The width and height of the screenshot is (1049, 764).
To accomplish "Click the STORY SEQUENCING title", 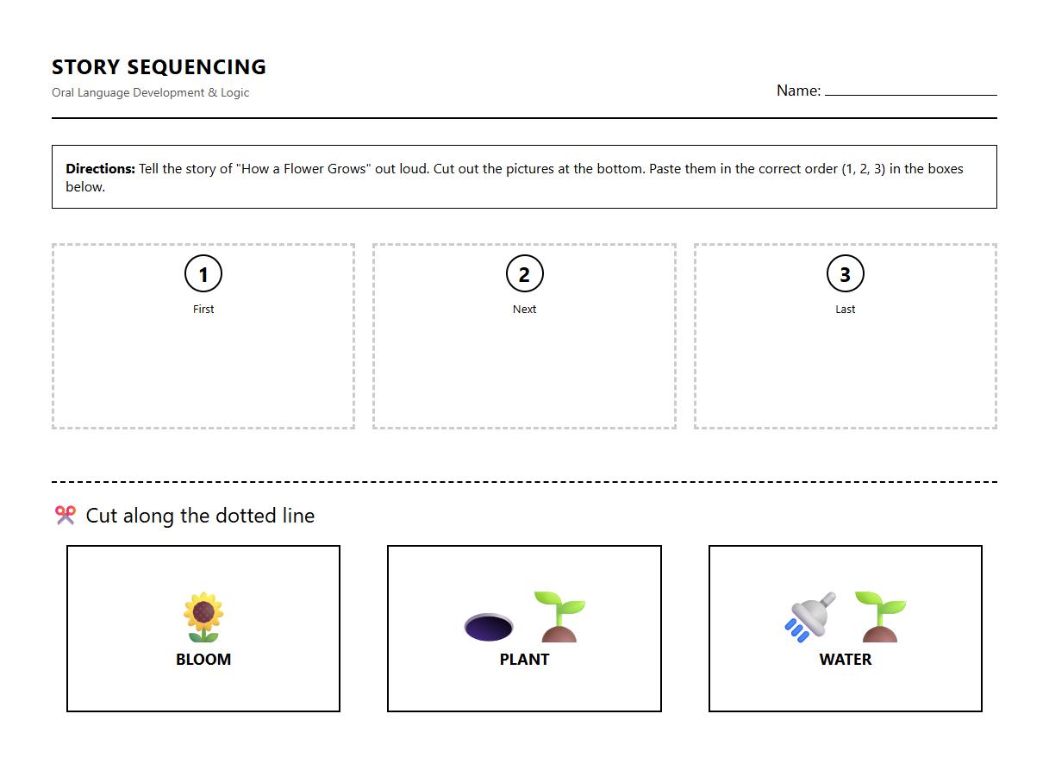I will [x=159, y=66].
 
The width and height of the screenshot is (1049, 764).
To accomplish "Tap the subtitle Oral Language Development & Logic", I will [x=150, y=92].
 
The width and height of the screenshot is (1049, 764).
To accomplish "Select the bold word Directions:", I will [x=100, y=169].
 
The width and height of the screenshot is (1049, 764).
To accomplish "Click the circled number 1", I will [x=203, y=274].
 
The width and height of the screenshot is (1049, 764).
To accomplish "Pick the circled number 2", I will [x=524, y=274].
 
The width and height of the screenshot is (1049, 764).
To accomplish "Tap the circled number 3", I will [x=845, y=274].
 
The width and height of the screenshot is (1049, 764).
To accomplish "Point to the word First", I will [x=203, y=309].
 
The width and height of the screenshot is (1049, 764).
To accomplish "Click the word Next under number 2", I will [x=524, y=309].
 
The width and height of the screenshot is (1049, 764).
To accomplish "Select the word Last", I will [x=845, y=309].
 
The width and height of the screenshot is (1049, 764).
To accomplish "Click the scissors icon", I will [x=66, y=515].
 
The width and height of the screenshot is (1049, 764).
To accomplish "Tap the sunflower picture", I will [x=203, y=617].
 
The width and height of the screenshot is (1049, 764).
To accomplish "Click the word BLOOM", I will [x=203, y=659].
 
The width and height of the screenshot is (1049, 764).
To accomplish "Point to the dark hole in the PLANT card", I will [x=489, y=627].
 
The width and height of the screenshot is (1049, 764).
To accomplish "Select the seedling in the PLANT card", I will [x=559, y=617].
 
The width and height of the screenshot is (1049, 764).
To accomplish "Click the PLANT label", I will [x=524, y=659].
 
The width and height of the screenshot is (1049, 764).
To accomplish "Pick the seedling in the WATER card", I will [x=879, y=617].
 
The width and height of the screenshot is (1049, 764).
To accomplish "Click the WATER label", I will [x=845, y=659].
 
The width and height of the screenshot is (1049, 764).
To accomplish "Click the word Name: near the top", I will [x=798, y=91].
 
